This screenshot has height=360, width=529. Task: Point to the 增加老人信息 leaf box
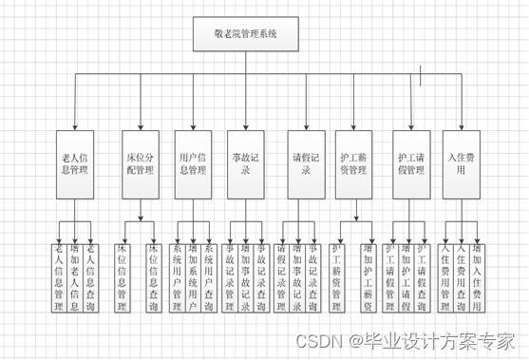(x=75, y=278)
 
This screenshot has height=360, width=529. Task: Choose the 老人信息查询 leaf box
(x=91, y=278)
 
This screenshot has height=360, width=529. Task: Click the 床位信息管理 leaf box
(x=122, y=278)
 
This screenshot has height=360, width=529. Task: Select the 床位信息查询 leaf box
(x=153, y=278)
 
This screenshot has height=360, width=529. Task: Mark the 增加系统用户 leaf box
(x=192, y=278)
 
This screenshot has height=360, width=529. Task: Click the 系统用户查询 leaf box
(x=208, y=278)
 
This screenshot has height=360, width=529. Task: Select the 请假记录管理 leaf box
(x=282, y=278)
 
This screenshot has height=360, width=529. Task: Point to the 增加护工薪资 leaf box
(x=368, y=278)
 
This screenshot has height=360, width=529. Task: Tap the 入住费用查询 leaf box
(x=461, y=278)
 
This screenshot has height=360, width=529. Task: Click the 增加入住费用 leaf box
(x=477, y=278)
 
